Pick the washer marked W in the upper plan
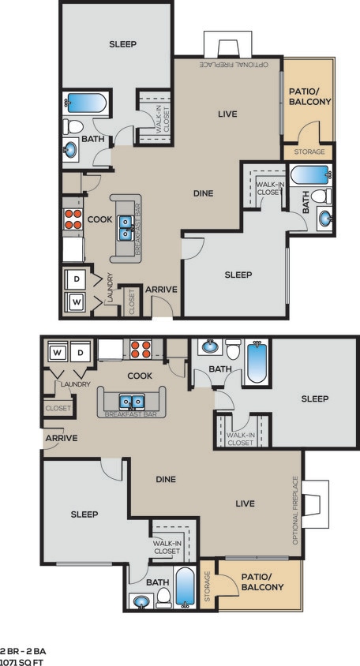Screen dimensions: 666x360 pyautogui.click(x=77, y=301)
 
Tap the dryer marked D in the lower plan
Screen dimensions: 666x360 pyautogui.click(x=81, y=351)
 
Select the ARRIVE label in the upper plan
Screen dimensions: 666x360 pyautogui.click(x=161, y=290)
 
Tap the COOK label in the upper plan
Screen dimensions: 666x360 pyautogui.click(x=99, y=219)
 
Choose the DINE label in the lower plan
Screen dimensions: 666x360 pyautogui.click(x=166, y=478)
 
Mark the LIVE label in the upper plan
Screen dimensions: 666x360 pyautogui.click(x=227, y=114)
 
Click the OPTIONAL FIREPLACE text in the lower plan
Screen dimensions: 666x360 pyautogui.click(x=296, y=510)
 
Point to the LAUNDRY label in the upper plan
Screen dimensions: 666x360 pyautogui.click(x=111, y=290)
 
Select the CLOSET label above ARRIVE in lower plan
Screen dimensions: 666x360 pyautogui.click(x=58, y=408)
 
